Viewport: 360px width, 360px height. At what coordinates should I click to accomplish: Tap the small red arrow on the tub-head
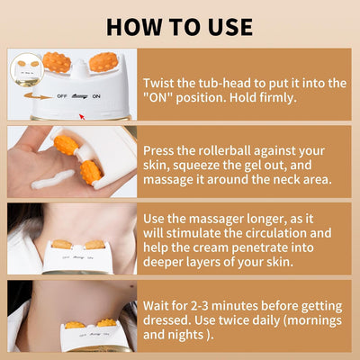click(x=83, y=115)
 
